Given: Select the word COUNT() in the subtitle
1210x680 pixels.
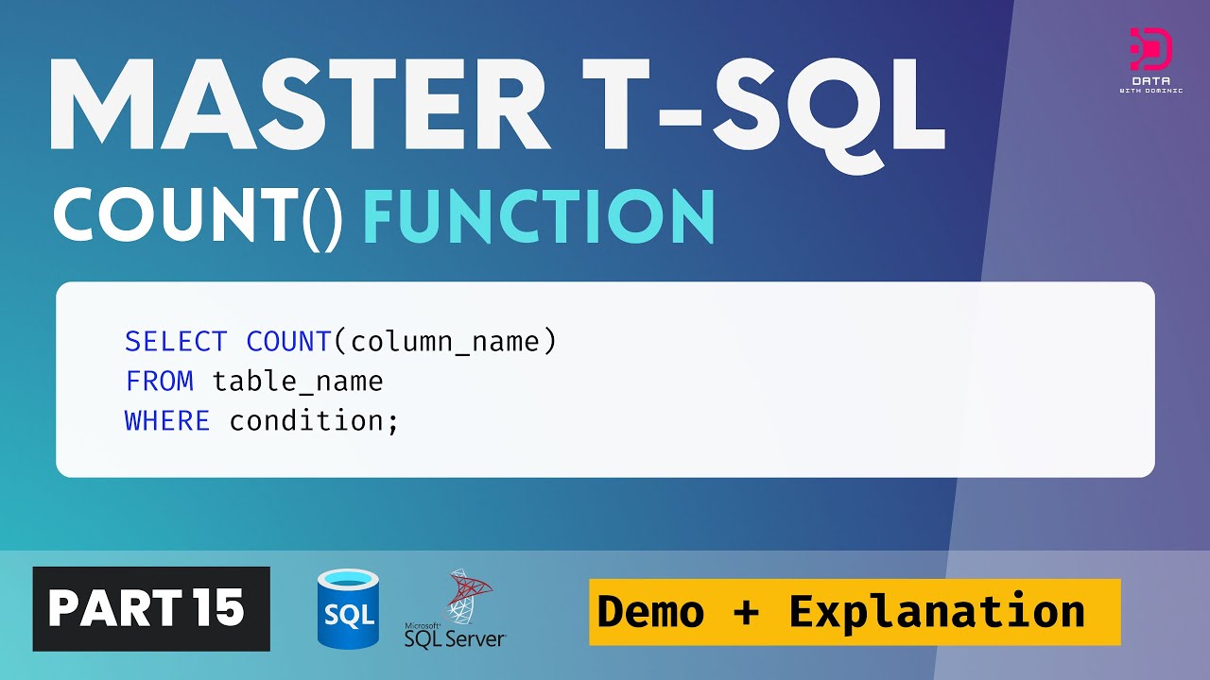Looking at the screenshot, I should click(x=199, y=218).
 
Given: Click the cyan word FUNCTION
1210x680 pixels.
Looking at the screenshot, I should click(x=539, y=218).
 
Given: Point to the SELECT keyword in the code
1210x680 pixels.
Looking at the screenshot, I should click(x=176, y=341).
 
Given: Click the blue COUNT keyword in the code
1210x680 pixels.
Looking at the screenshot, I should click(x=288, y=341).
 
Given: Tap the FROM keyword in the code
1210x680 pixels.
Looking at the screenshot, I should click(x=159, y=382).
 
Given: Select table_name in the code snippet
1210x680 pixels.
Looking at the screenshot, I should click(x=298, y=382).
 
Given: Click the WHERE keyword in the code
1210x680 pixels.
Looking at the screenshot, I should click(x=167, y=421).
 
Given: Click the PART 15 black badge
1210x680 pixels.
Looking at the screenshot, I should click(x=151, y=609).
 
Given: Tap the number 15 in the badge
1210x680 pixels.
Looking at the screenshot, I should click(x=220, y=609).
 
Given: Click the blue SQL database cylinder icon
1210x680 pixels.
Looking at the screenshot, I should click(x=349, y=609).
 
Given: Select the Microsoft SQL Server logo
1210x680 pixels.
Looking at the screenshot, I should click(x=456, y=611).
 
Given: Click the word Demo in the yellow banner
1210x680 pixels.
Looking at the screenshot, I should click(x=651, y=612).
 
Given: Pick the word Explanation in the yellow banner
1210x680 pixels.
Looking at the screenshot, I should click(x=937, y=612).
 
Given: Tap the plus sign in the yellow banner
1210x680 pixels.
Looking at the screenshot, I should click(x=746, y=612).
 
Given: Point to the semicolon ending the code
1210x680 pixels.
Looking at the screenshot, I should click(x=393, y=423).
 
